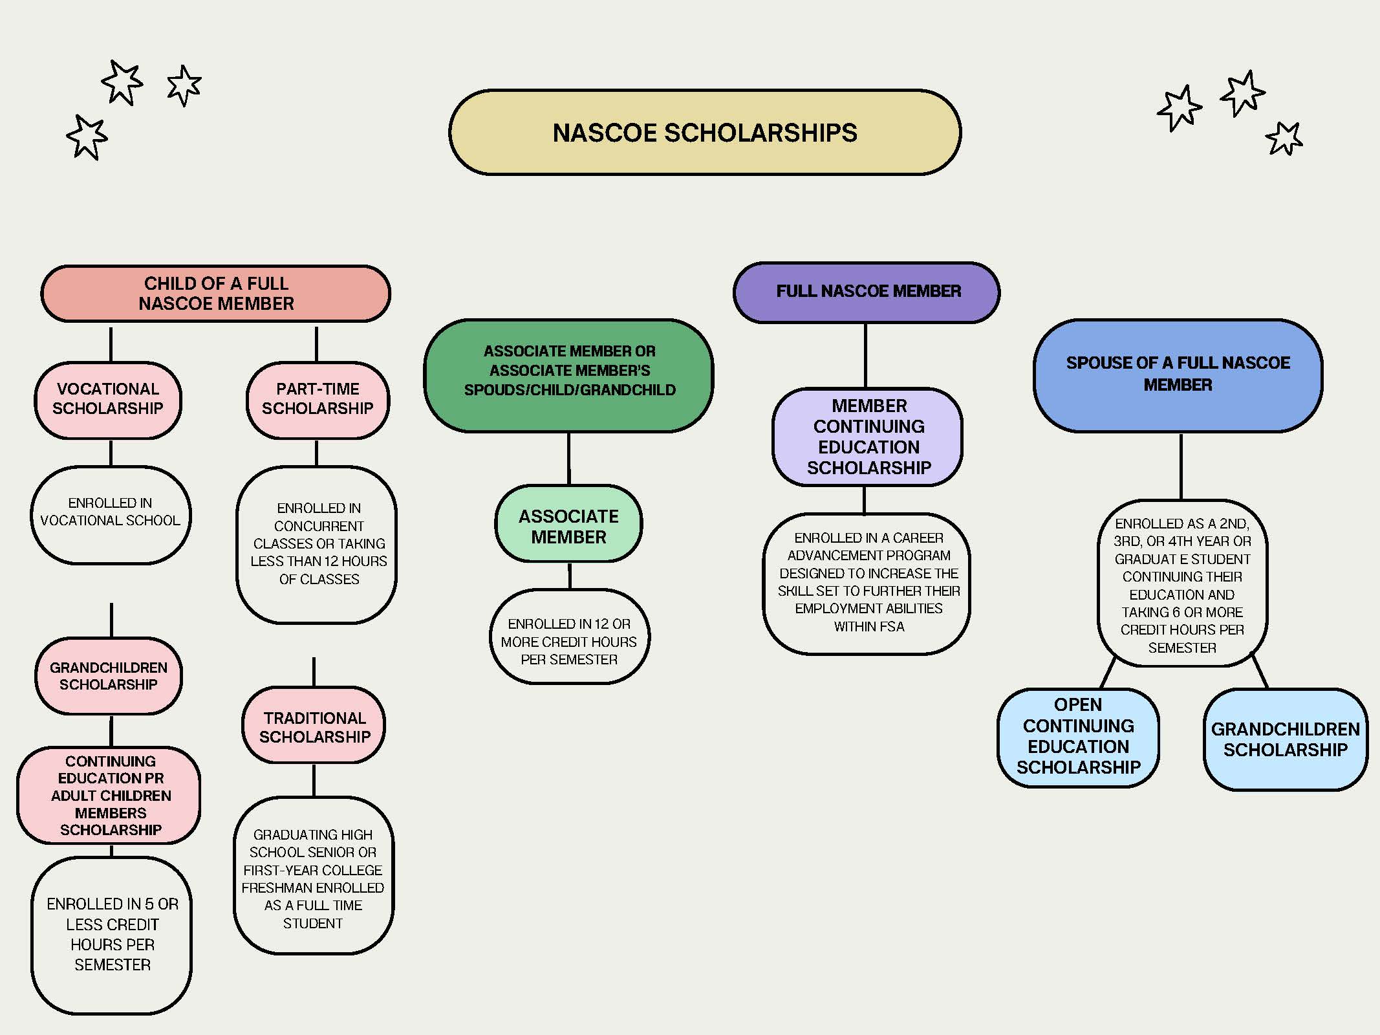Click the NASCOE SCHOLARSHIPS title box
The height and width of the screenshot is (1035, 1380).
705,133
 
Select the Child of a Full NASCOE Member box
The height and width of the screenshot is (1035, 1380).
216,294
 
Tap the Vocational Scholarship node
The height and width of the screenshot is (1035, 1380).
108,399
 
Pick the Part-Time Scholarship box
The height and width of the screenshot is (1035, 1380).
318,399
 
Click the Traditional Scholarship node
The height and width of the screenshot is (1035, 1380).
314,727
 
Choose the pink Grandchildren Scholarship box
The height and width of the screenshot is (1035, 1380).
109,676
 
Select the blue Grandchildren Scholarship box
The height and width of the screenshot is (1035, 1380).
1285,739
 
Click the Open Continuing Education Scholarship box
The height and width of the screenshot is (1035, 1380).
1078,736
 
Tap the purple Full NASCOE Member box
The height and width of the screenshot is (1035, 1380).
867,292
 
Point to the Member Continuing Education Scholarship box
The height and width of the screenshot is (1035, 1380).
868,437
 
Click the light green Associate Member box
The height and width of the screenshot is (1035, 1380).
568,526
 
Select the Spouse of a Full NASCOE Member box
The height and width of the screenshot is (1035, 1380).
1178,375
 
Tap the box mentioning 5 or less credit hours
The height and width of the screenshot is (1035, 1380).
112,934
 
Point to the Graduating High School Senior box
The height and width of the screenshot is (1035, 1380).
313,878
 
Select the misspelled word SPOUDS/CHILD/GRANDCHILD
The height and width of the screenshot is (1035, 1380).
570,390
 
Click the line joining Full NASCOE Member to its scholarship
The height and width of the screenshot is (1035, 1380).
865,355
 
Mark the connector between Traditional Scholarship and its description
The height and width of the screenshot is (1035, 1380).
314,780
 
